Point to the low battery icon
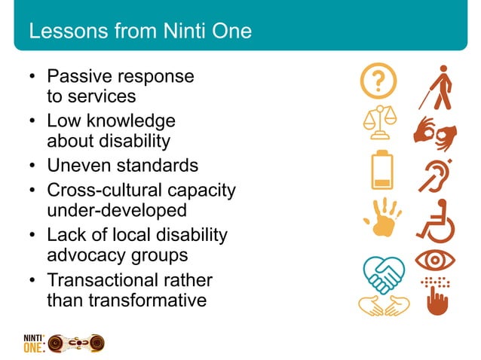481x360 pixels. point(382,170)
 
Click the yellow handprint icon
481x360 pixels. point(381,217)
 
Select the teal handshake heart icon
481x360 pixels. point(383,273)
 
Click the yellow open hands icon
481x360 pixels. point(383,305)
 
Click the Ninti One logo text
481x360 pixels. point(34,343)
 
